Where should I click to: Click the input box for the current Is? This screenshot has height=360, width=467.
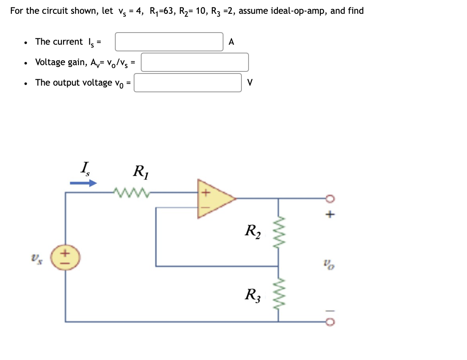169,42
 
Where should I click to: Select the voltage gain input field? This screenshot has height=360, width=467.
195,62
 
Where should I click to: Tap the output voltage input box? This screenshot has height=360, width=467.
188,83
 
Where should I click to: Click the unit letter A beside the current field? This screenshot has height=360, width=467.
232,42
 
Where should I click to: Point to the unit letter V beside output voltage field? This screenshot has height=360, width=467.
249,83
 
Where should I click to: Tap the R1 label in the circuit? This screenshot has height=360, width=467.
140,172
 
